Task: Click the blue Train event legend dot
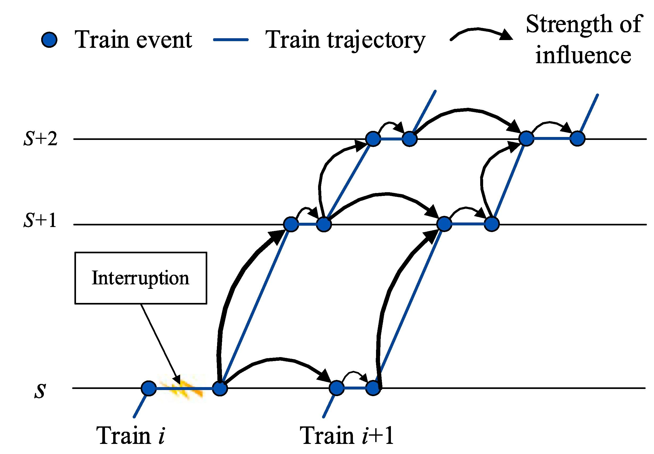point(49,40)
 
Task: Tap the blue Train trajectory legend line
point(231,40)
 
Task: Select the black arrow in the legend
point(481,33)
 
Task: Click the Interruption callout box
point(141,278)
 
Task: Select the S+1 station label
point(40,221)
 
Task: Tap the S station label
point(40,391)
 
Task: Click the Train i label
point(131,435)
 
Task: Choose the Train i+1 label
point(347,435)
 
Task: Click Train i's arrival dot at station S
point(149,388)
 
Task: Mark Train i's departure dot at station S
point(220,388)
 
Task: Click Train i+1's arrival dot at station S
point(336,388)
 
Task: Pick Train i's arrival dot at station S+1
point(291,224)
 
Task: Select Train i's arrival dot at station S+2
point(373,139)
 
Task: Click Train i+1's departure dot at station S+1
point(492,224)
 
